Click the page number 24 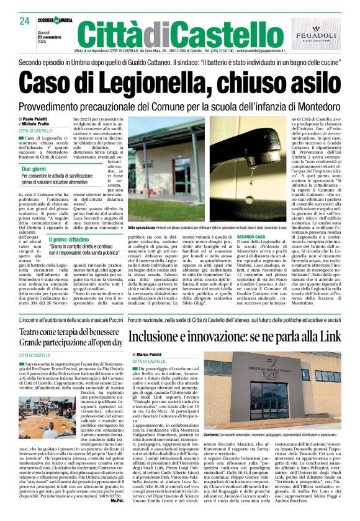(25, 20)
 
